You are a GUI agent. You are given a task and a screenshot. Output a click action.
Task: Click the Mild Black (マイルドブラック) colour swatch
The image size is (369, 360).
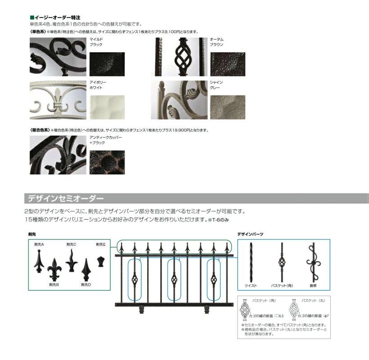pos(107,64)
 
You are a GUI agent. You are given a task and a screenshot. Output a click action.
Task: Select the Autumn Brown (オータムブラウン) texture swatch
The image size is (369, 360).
pos(228,64)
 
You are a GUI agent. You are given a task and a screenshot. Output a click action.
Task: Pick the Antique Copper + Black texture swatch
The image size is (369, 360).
pos(107,162)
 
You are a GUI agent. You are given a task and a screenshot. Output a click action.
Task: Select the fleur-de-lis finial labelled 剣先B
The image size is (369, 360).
pos(54,269)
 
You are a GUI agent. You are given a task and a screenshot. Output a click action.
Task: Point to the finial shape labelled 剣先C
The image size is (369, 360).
pos(71,260)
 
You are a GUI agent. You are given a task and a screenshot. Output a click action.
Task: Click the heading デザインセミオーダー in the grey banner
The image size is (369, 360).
pos(65,198)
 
